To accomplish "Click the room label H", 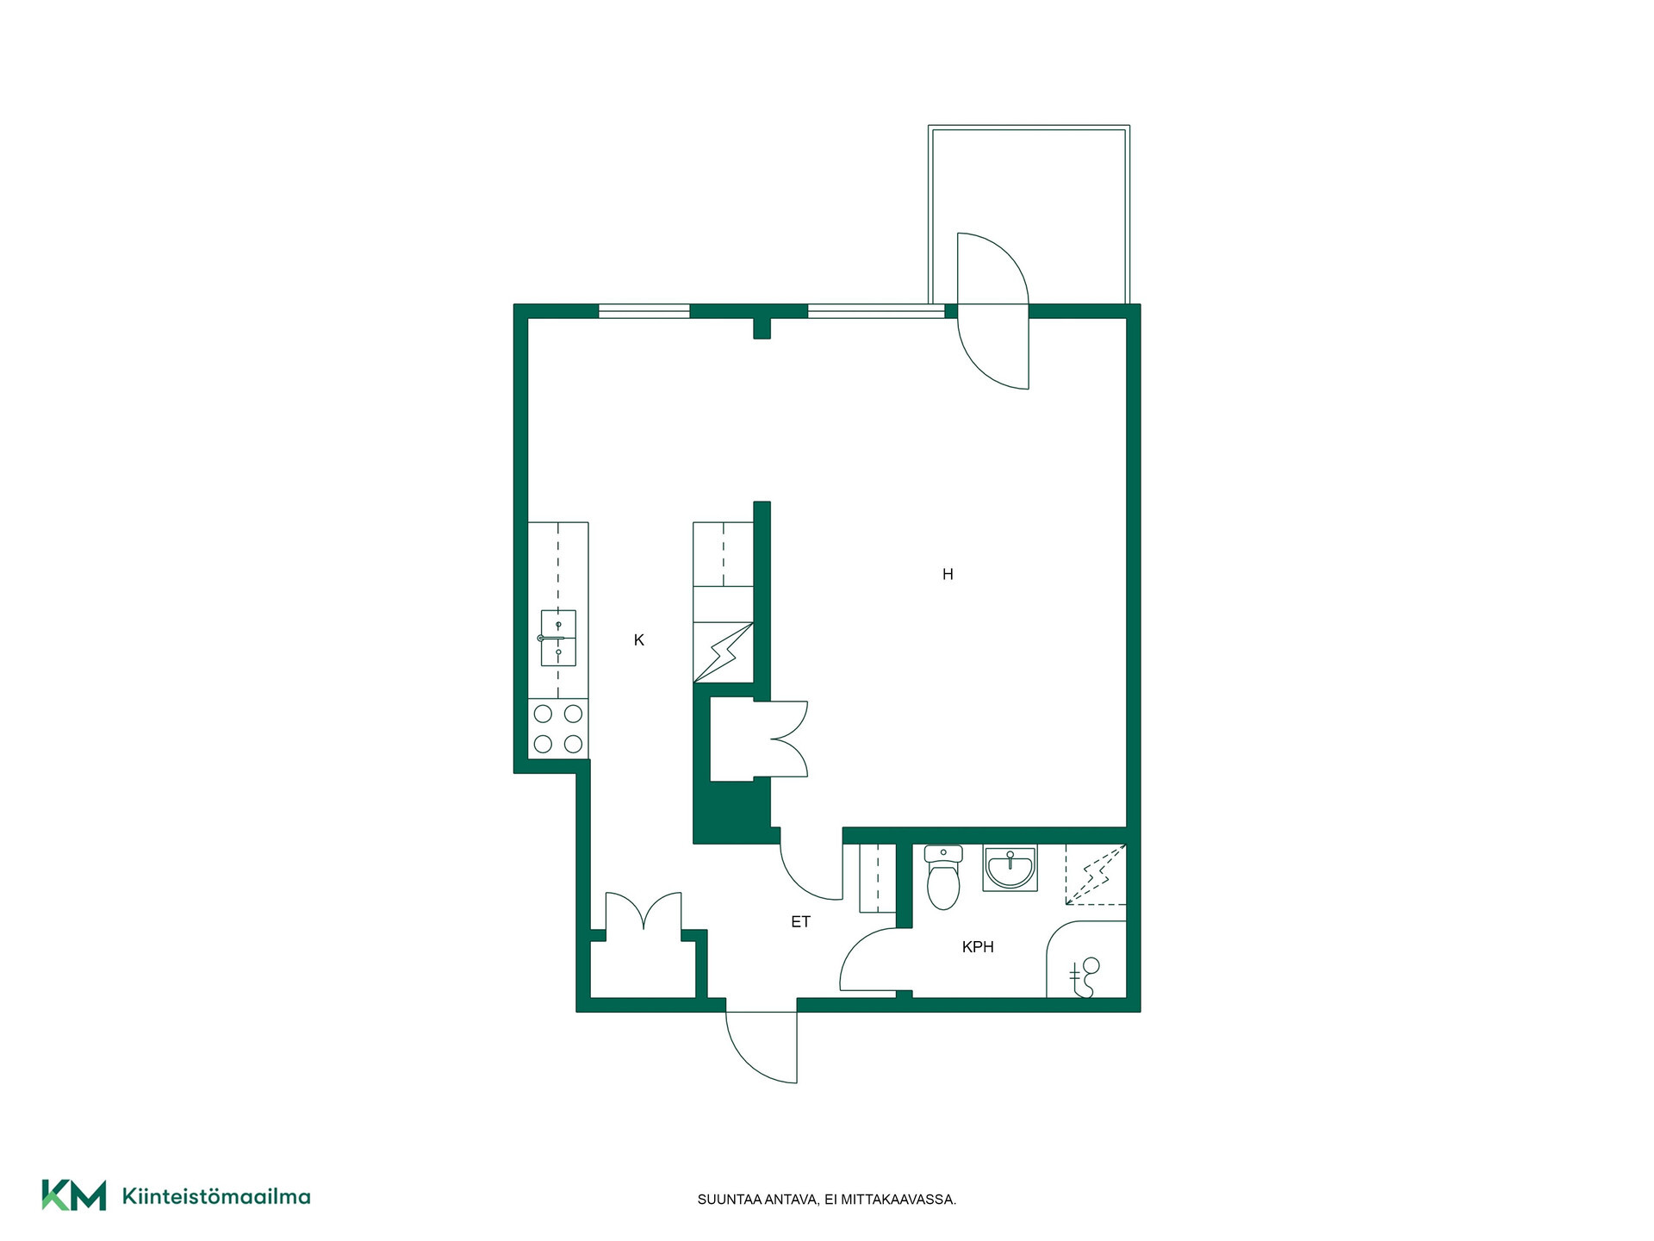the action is [948, 574].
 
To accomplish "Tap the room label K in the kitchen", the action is [638, 639].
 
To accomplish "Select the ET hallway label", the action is [800, 921].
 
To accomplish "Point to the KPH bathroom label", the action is [978, 946].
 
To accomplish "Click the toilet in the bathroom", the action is [943, 876].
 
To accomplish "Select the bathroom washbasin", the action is [1010, 867].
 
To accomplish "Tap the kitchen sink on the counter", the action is [558, 638].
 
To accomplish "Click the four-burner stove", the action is [558, 728].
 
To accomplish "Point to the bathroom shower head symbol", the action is [1085, 976].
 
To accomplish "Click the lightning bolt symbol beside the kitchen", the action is [724, 652].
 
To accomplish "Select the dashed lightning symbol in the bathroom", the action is [1096, 874].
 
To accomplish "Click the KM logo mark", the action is [74, 1195].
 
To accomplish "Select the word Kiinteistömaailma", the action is [216, 1196].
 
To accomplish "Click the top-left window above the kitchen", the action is [644, 311].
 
